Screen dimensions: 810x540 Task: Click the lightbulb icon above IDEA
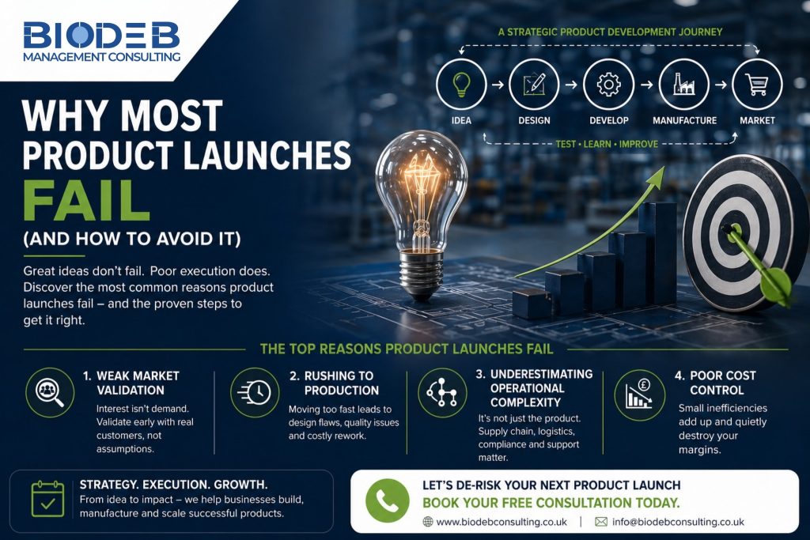(461, 84)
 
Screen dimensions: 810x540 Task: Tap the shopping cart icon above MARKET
(757, 84)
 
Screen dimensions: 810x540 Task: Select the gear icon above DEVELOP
(608, 84)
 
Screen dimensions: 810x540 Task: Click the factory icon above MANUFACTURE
(684, 84)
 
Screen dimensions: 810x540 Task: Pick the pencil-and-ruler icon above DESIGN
(534, 84)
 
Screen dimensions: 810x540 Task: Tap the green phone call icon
(388, 500)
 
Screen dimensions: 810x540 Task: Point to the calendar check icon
(47, 499)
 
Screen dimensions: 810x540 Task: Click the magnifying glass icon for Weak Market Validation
(50, 392)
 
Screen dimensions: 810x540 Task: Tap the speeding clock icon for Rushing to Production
(255, 392)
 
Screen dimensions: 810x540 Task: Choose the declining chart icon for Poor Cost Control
(639, 395)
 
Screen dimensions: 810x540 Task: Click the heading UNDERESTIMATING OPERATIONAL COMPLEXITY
(534, 388)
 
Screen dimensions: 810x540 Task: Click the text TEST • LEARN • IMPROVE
(607, 144)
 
